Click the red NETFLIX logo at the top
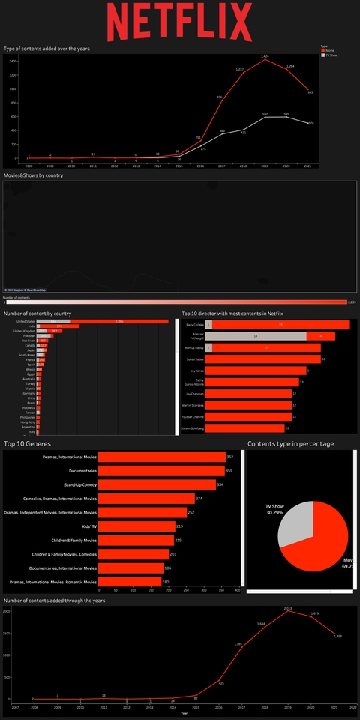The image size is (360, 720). pyautogui.click(x=180, y=22)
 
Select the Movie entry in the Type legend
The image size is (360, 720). pyautogui.click(x=328, y=50)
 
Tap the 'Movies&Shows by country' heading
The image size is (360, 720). pyautogui.click(x=33, y=175)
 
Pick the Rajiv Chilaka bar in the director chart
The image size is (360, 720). pyautogui.click(x=277, y=325)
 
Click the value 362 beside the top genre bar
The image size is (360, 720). pyautogui.click(x=230, y=457)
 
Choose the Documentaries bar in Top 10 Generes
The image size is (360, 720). pyautogui.click(x=161, y=471)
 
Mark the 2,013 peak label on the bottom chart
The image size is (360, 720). pyautogui.click(x=288, y=608)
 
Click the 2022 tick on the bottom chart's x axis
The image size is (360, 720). pyautogui.click(x=354, y=706)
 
